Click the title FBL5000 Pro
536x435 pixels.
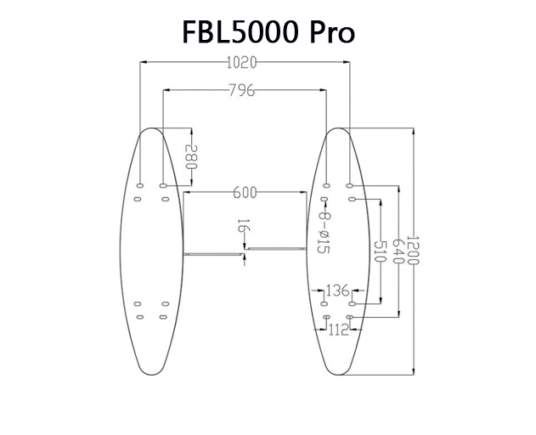268,31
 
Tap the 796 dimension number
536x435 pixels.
242,88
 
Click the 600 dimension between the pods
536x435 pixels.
245,193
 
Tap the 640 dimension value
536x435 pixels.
396,251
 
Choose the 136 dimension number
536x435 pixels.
338,291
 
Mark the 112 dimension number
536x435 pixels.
338,330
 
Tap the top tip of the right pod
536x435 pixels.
338,128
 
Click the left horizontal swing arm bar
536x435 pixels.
212,252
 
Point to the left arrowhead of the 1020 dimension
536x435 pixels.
144,61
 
